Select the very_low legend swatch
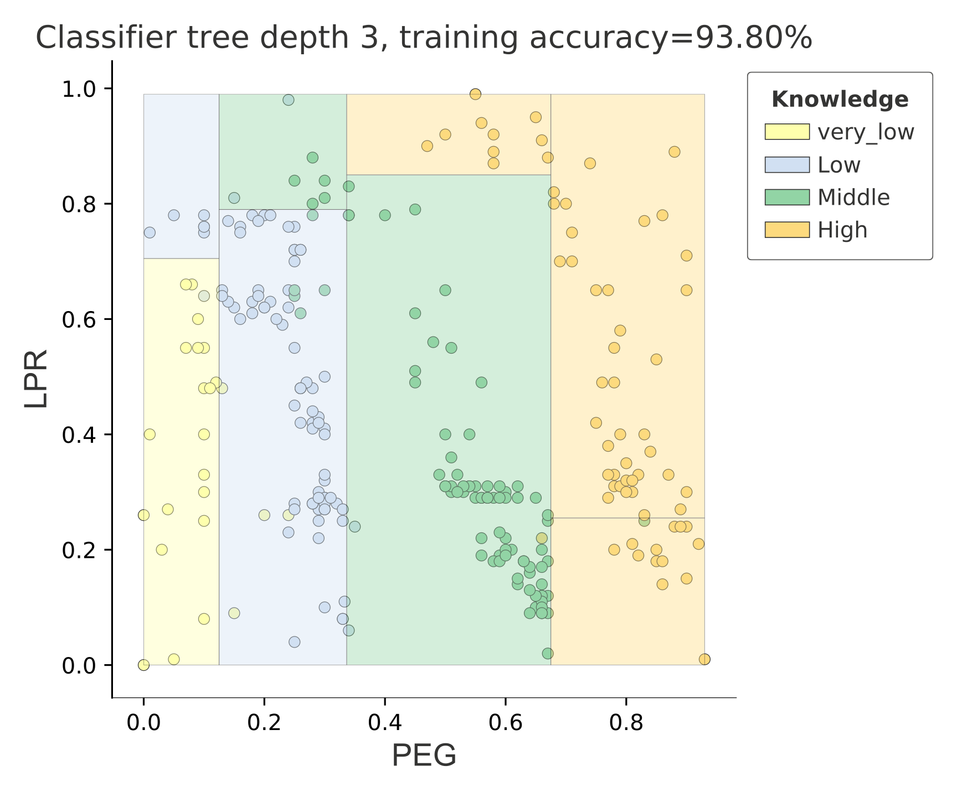(787, 132)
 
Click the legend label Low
(839, 165)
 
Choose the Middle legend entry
(853, 197)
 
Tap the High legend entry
(842, 230)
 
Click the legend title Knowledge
(840, 100)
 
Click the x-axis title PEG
(424, 756)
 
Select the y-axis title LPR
(37, 379)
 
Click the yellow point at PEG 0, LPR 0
(143, 665)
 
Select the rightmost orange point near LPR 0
(704, 659)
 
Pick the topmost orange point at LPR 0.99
(475, 94)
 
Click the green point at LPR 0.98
(289, 100)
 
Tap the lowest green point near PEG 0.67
(547, 654)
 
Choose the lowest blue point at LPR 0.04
(295, 642)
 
